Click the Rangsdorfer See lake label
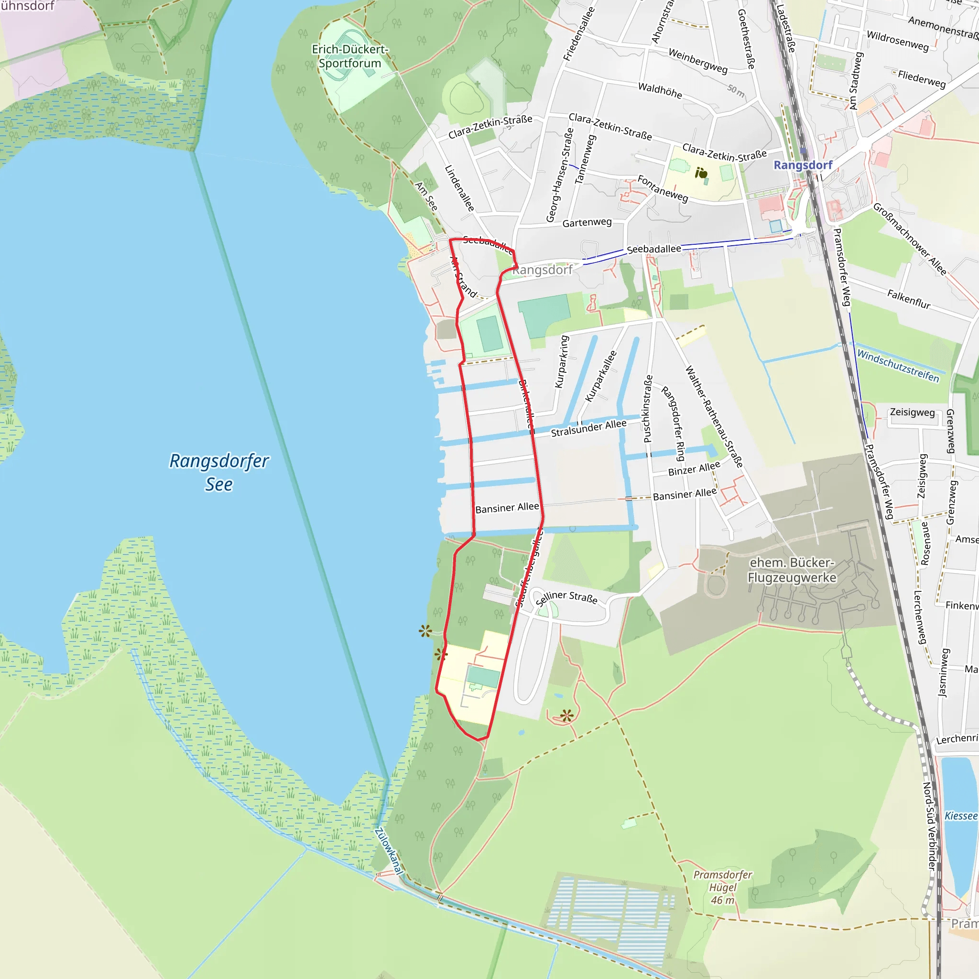pyautogui.click(x=219, y=472)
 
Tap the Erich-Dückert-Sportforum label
pyautogui.click(x=349, y=56)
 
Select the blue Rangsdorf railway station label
pyautogui.click(x=803, y=165)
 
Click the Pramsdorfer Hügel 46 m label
pyautogui.click(x=722, y=887)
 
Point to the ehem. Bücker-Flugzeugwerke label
pyautogui.click(x=792, y=570)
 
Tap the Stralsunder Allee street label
pyautogui.click(x=588, y=428)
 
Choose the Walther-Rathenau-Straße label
pyautogui.click(x=714, y=416)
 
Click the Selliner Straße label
pyautogui.click(x=566, y=598)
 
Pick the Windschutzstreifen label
pyautogui.click(x=898, y=366)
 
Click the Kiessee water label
pyautogui.click(x=961, y=816)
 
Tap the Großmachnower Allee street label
pyautogui.click(x=910, y=239)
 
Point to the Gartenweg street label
pyautogui.click(x=587, y=222)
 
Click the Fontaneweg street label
pyautogui.click(x=663, y=188)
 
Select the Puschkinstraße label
pyautogui.click(x=648, y=409)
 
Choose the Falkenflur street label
pyautogui.click(x=909, y=299)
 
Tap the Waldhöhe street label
pyautogui.click(x=660, y=91)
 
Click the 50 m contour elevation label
pyautogui.click(x=736, y=91)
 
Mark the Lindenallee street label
pyautogui.click(x=459, y=188)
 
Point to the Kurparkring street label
pyautogui.click(x=562, y=361)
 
